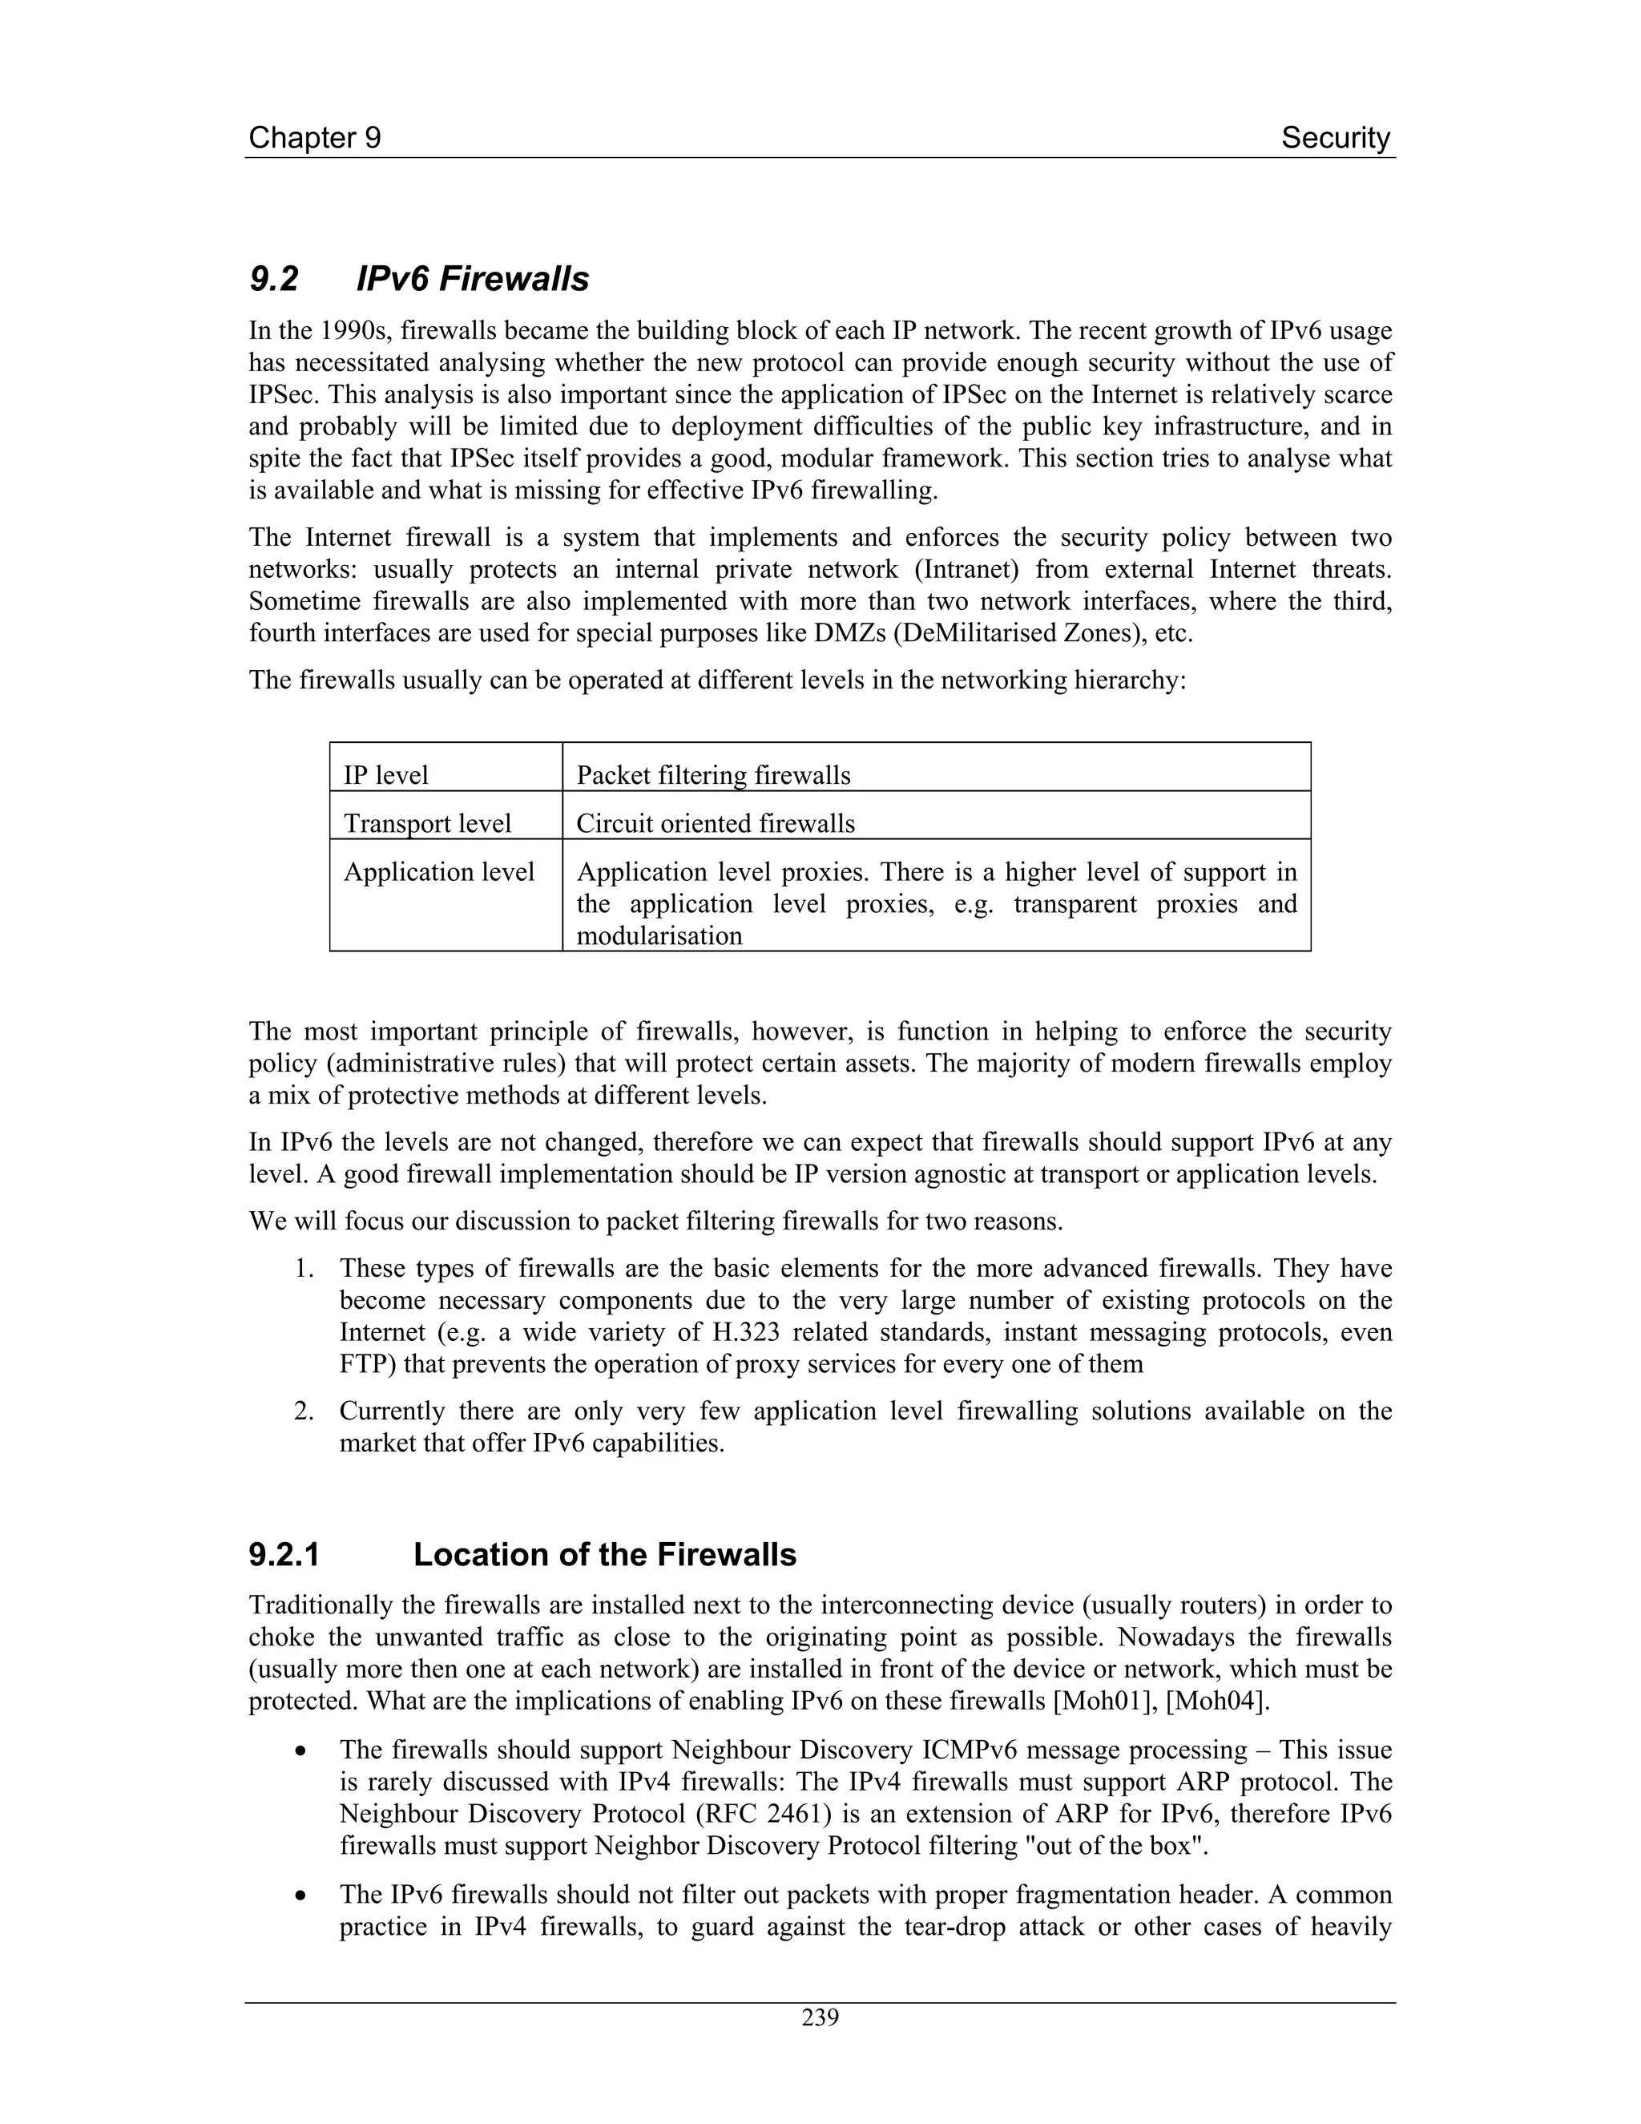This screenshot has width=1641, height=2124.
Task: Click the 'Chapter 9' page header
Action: [314, 138]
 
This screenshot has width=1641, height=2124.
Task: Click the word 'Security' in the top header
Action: [1335, 138]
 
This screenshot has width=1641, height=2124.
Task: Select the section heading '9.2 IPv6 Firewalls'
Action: [419, 279]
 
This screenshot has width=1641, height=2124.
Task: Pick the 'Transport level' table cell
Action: [427, 824]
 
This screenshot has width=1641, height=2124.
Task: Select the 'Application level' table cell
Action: [438, 871]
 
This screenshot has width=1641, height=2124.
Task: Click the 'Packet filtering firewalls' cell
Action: [712, 775]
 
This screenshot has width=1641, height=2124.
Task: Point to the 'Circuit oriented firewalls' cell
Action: [716, 824]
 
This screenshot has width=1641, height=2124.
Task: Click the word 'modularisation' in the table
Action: [659, 935]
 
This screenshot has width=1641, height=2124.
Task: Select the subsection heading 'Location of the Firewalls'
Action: [603, 1555]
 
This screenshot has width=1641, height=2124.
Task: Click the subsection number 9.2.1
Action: [284, 1555]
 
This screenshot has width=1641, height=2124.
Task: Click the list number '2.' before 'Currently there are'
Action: [304, 1411]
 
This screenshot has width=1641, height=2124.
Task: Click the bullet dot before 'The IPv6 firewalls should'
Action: [304, 1896]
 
